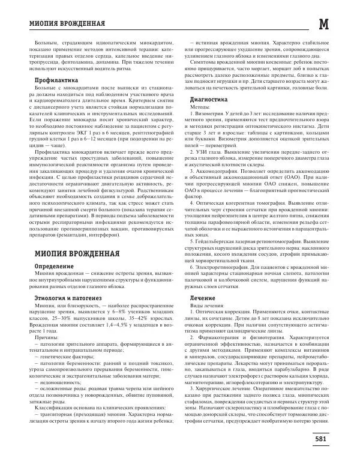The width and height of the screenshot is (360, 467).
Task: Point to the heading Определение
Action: click(x=55, y=265)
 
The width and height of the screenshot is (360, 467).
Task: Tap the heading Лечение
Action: click(x=202, y=298)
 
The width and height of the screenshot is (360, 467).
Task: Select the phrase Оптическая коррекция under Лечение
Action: click(x=221, y=313)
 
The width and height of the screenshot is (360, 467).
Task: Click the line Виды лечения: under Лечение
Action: click(x=206, y=306)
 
